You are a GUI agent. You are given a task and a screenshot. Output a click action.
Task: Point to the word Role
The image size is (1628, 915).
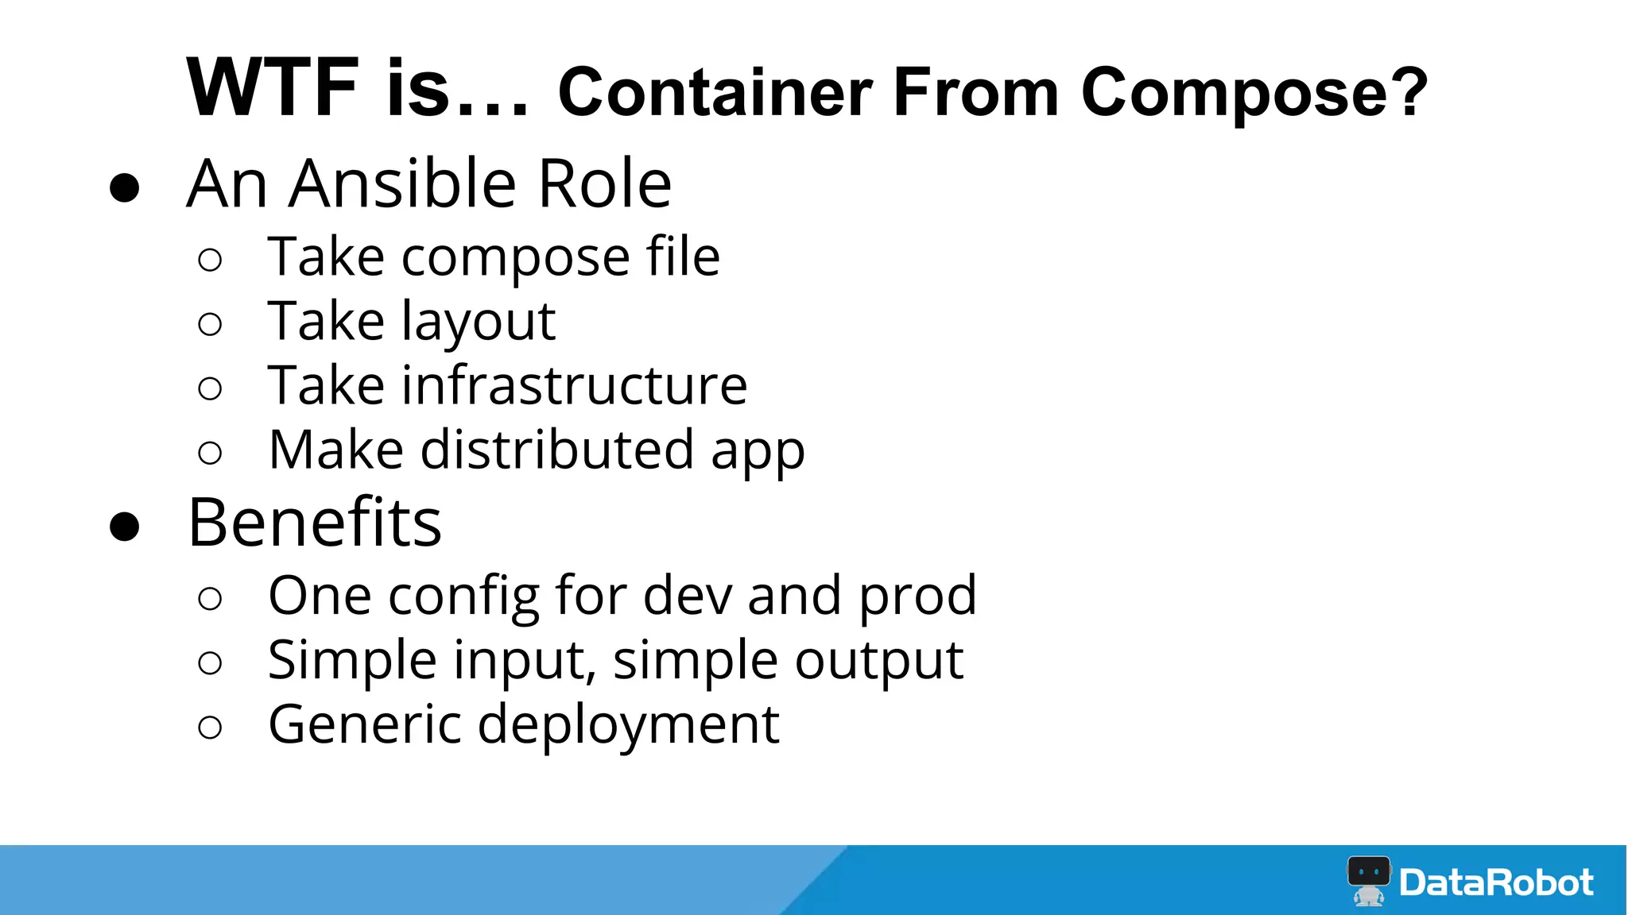(x=604, y=183)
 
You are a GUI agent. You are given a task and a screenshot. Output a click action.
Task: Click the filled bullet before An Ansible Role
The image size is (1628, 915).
(x=125, y=188)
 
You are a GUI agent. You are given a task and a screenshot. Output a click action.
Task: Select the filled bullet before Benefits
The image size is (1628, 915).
(x=125, y=527)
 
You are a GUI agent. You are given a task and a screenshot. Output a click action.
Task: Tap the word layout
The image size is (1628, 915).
(x=478, y=323)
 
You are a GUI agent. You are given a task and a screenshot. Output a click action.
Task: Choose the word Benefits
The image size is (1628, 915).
(x=315, y=523)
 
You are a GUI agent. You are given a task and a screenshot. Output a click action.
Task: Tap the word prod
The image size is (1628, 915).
(x=917, y=596)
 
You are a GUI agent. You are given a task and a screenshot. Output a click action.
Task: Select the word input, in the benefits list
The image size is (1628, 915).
(x=524, y=662)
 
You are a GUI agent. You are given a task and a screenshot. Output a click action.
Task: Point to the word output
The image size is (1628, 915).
(x=878, y=662)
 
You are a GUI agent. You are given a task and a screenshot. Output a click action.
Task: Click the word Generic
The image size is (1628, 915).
(x=365, y=724)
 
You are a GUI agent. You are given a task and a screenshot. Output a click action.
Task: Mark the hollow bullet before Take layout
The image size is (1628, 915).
(x=210, y=324)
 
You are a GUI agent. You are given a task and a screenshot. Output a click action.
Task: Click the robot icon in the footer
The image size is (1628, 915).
(x=1368, y=880)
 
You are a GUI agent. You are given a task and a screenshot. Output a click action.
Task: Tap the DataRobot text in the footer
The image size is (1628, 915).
(x=1496, y=882)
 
